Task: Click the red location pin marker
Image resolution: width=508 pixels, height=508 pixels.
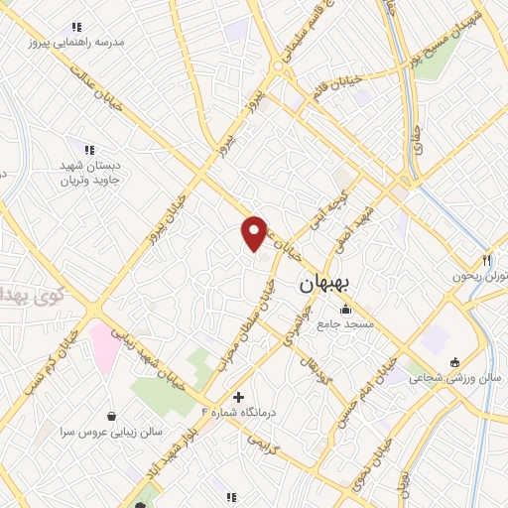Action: coord(254,233)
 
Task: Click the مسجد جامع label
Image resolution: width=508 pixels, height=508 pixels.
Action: coord(345,324)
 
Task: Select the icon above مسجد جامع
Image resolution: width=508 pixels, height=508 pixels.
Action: coord(345,310)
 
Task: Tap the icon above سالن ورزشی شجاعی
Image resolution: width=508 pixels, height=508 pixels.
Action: coord(454,361)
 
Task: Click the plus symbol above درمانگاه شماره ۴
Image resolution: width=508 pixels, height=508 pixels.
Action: coord(238,397)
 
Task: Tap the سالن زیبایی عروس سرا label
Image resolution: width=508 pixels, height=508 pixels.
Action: coord(109,432)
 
